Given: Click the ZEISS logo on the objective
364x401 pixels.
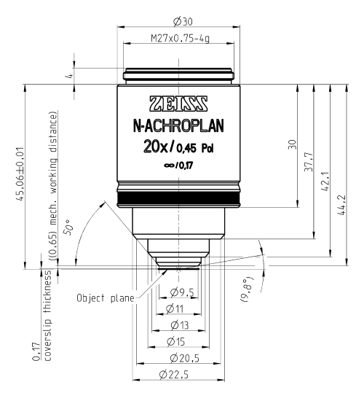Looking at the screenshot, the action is [x=178, y=104].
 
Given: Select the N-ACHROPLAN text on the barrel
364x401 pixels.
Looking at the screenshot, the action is [x=178, y=126].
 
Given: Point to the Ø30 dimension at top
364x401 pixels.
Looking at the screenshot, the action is [x=183, y=22].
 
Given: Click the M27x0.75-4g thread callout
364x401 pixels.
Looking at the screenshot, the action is [x=181, y=39].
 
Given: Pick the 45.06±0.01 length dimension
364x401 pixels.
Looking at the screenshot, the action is [x=20, y=174].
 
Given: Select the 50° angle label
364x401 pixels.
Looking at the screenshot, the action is [x=68, y=227].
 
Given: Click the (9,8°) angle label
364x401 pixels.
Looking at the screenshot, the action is [x=247, y=289].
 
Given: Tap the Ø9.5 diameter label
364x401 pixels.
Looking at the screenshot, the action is [x=182, y=292].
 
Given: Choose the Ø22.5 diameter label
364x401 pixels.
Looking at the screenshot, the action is [x=174, y=375].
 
